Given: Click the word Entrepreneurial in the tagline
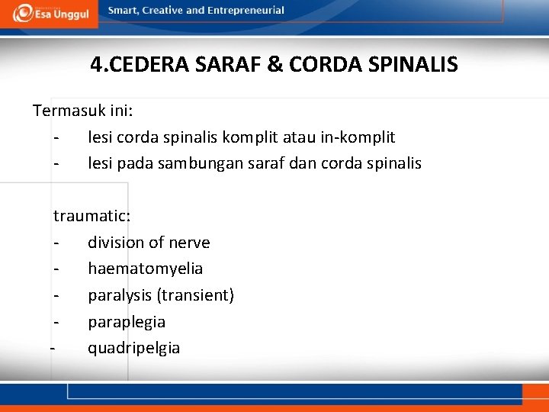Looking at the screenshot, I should click(251, 11).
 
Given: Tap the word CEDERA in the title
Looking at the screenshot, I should click(146, 64).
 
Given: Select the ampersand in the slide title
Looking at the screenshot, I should click(274, 64).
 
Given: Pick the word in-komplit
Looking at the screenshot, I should click(361, 137).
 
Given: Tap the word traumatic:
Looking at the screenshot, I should click(92, 216).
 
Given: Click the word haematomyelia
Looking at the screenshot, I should click(145, 269).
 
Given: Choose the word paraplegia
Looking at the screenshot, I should click(127, 322).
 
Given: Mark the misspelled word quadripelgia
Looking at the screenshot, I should click(134, 349).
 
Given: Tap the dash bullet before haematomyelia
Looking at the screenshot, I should click(56, 269).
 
